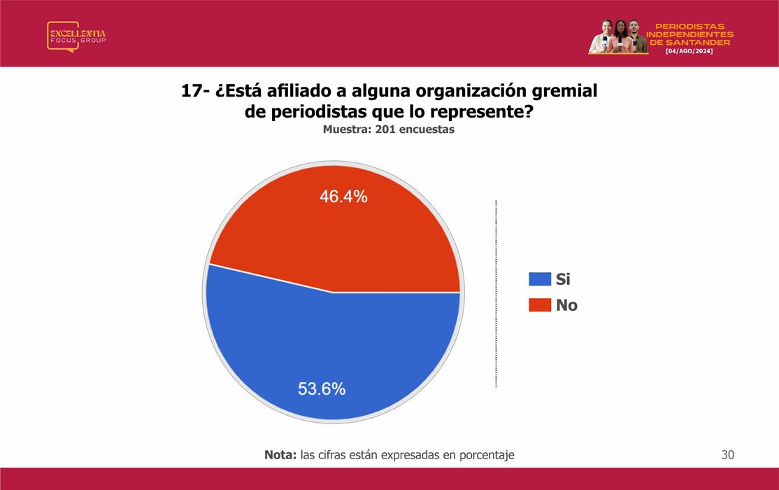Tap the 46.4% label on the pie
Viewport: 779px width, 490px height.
pos(343,197)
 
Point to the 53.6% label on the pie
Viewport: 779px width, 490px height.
pos(322,388)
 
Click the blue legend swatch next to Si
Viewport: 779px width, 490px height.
pos(540,279)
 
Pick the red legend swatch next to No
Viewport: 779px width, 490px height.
pos(540,305)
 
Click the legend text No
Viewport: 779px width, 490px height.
pos(566,305)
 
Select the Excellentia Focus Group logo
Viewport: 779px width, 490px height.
pos(76,36)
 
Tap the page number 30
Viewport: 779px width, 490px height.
pos(727,455)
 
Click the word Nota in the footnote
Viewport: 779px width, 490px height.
pos(280,455)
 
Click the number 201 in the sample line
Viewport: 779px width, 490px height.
pos(385,129)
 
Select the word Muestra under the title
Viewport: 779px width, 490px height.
pos(347,129)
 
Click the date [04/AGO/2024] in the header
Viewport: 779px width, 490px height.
pos(689,51)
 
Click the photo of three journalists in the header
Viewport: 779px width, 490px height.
pos(617,36)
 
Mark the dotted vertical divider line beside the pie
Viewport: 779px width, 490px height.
pos(496,293)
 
